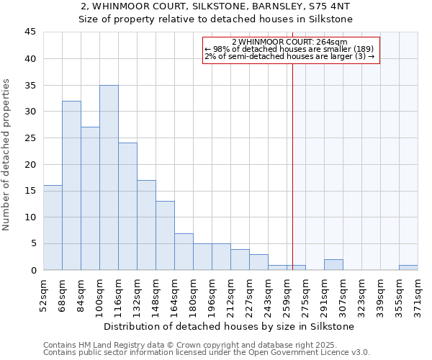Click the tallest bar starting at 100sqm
point(109,178)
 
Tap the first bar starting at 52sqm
point(53,228)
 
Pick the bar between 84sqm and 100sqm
point(90,199)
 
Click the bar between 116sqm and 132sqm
point(127,207)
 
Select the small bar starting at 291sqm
point(333,265)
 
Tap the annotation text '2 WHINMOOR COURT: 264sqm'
point(289,42)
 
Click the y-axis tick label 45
point(30,32)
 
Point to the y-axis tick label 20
point(30,164)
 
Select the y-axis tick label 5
point(33,243)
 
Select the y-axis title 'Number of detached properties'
point(7,155)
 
